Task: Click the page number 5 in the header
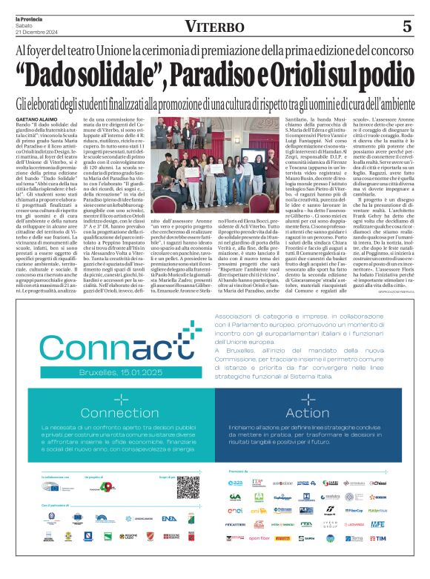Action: [x=407, y=27]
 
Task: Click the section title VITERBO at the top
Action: [x=215, y=27]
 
